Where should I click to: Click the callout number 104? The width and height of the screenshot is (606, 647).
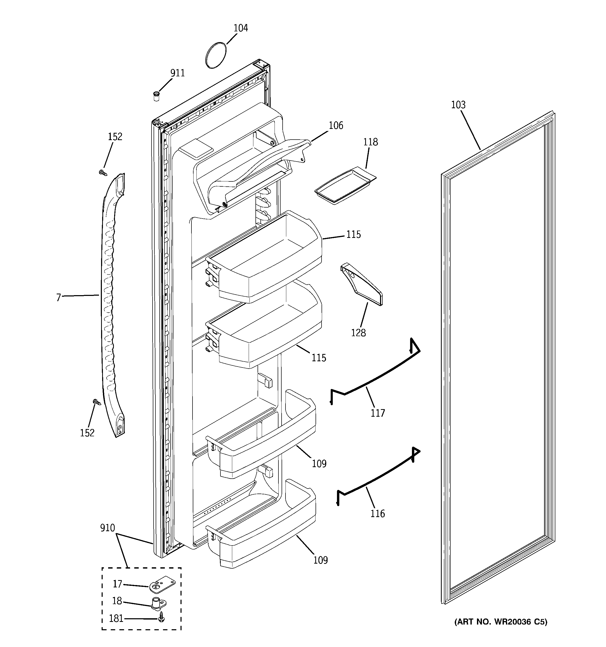(x=241, y=28)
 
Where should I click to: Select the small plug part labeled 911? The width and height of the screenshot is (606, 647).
(x=156, y=96)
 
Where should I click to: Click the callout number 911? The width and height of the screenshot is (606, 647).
(x=178, y=73)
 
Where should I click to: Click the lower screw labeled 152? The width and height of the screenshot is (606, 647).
(x=97, y=402)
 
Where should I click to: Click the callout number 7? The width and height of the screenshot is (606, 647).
(x=59, y=297)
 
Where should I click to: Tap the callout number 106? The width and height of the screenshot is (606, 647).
(x=336, y=125)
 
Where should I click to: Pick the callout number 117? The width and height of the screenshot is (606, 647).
(x=377, y=413)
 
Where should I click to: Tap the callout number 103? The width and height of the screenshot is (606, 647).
(x=458, y=105)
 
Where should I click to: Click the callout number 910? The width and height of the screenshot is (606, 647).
(x=107, y=528)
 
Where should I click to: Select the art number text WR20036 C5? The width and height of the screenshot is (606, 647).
(x=501, y=622)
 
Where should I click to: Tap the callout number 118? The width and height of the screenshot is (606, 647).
(x=370, y=142)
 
